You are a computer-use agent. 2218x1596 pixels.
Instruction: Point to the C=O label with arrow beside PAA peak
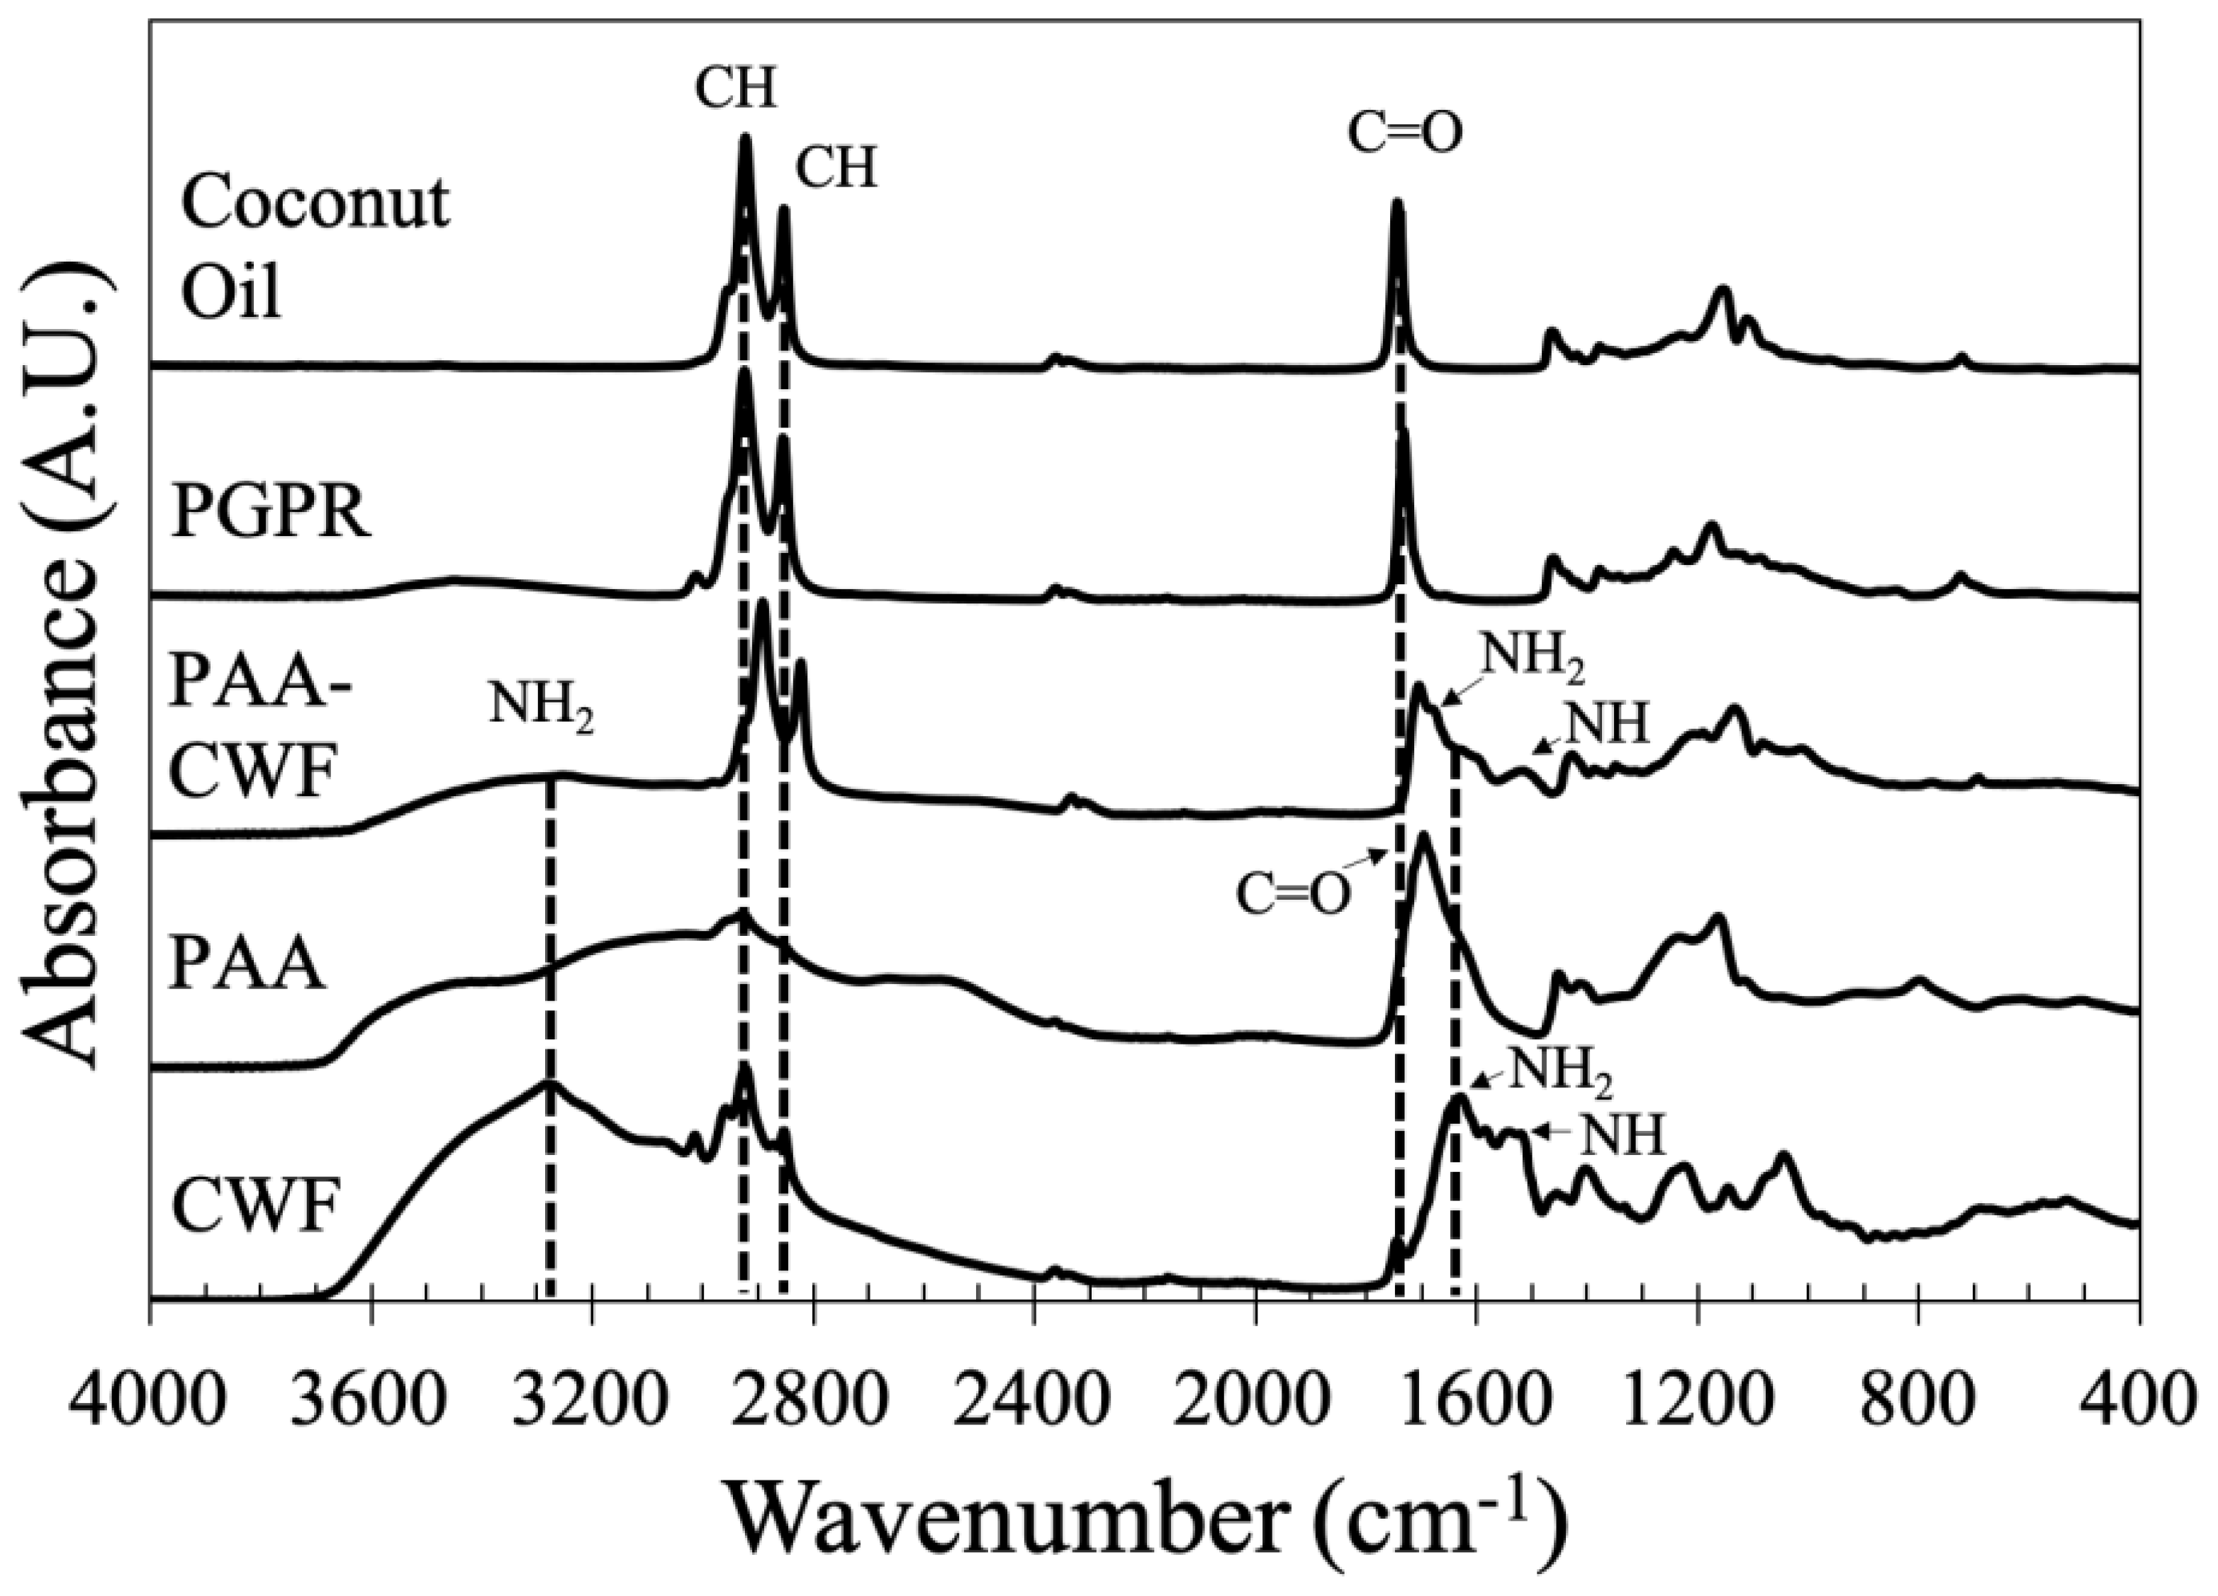[1293, 893]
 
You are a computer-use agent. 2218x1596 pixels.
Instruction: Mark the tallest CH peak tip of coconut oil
[745, 139]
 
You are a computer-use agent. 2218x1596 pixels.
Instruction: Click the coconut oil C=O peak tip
[1397, 203]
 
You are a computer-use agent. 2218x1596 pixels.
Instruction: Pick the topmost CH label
[735, 90]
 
